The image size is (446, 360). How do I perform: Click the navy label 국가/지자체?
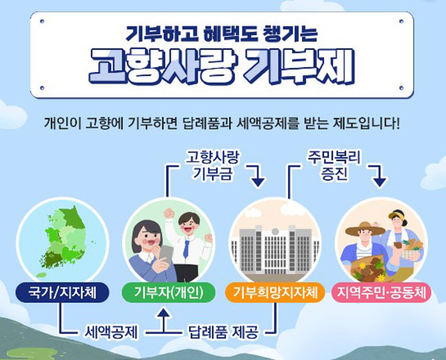click(62, 292)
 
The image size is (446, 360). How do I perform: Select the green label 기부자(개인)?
click(169, 292)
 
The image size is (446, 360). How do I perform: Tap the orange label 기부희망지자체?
click(274, 292)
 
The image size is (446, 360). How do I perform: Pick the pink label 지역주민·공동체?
click(381, 292)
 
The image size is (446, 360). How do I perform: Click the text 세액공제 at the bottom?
click(111, 332)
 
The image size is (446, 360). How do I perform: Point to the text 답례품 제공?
click(224, 332)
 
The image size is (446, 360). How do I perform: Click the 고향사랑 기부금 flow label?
click(213, 165)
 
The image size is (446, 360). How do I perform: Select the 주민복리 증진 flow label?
click(334, 165)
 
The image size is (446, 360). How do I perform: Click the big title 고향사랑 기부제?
click(222, 67)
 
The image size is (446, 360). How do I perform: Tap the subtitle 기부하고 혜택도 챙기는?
click(222, 34)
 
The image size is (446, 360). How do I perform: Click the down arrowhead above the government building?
click(258, 182)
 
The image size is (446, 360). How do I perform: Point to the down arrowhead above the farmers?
click(379, 182)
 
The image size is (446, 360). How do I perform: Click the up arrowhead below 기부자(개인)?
click(163, 313)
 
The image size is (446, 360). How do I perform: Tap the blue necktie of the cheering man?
click(186, 249)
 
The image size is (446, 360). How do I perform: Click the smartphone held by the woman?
click(166, 254)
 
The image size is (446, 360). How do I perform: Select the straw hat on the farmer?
click(365, 228)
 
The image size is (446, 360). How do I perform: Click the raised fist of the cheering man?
click(169, 213)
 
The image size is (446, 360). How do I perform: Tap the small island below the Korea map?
click(42, 275)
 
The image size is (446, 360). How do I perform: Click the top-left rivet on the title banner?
click(42, 21)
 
